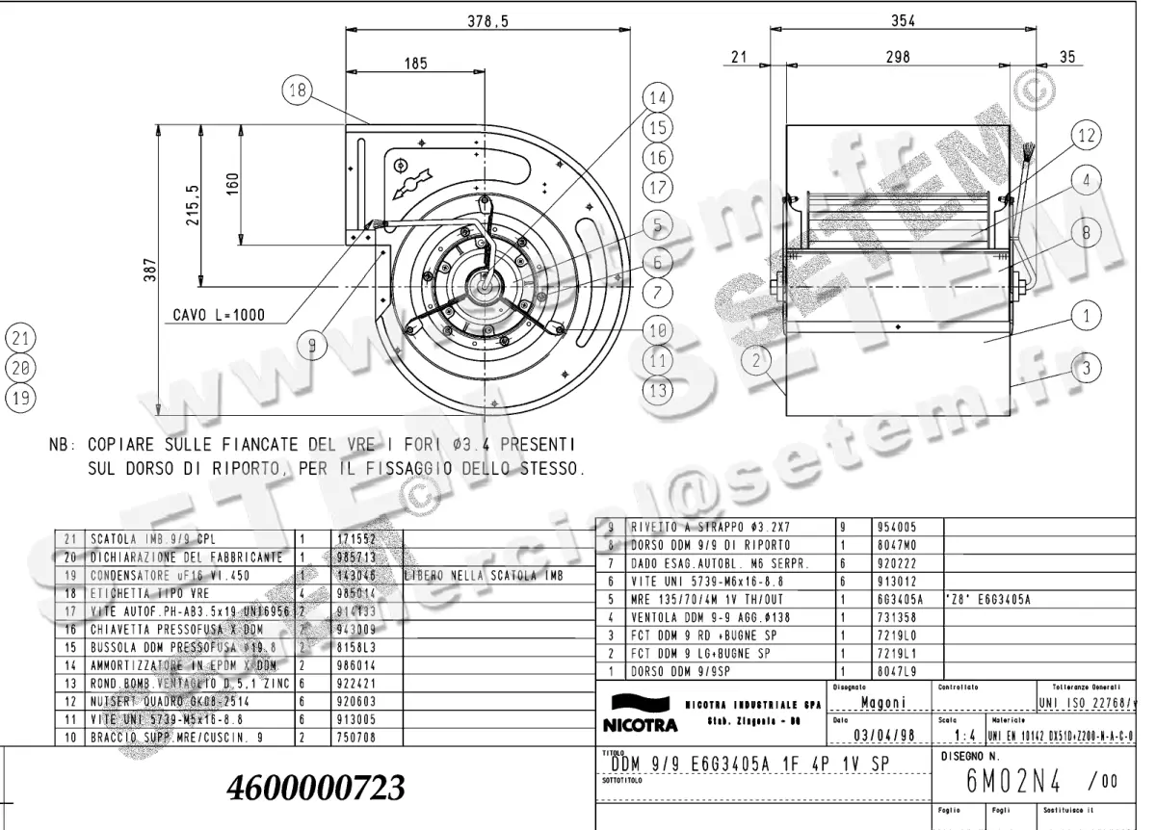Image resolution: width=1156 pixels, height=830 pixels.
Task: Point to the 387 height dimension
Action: (147, 273)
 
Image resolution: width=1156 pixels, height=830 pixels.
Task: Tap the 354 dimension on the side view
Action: (902, 20)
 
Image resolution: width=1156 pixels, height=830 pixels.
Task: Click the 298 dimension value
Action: (897, 58)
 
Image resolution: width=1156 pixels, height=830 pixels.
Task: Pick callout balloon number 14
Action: (657, 98)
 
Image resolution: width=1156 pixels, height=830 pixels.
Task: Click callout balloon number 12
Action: (1085, 137)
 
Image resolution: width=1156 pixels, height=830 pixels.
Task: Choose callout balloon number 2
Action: (757, 360)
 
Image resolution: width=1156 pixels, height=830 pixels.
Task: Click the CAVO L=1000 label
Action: (219, 315)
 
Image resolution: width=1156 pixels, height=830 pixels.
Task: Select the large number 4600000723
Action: (316, 788)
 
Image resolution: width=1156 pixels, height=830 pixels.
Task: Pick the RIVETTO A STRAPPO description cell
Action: (686, 528)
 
